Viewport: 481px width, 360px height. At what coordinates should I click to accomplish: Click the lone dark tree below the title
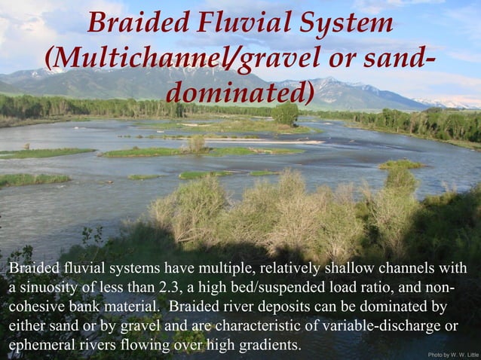(x=285, y=114)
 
